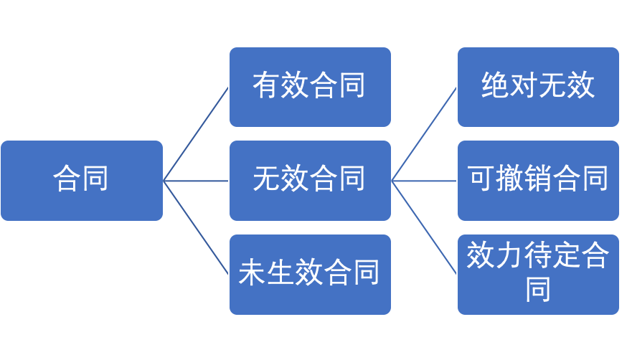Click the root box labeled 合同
(x=82, y=180)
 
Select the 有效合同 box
(x=310, y=87)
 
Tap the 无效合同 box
(x=310, y=180)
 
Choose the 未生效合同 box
(x=310, y=274)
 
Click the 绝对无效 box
(x=538, y=87)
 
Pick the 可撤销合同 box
(x=538, y=180)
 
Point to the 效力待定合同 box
(x=538, y=274)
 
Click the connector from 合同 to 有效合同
(x=196, y=134)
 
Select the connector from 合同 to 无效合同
(x=196, y=181)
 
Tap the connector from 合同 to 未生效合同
(x=196, y=227)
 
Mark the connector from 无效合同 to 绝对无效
(x=424, y=134)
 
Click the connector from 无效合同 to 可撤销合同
(x=424, y=181)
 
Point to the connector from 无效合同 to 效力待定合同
(x=424, y=227)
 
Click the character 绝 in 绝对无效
(x=495, y=86)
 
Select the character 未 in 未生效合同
(x=253, y=273)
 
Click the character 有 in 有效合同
(x=267, y=86)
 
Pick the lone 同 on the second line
(x=538, y=289)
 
